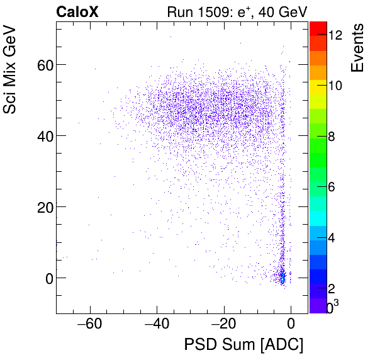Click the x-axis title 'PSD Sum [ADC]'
pos(243,345)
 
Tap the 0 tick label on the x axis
pos(291,324)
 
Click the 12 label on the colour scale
pos(335,36)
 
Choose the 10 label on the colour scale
pos(335,86)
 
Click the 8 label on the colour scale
pos(332,137)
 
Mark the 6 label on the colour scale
pos(332,188)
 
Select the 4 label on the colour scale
pos(332,238)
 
